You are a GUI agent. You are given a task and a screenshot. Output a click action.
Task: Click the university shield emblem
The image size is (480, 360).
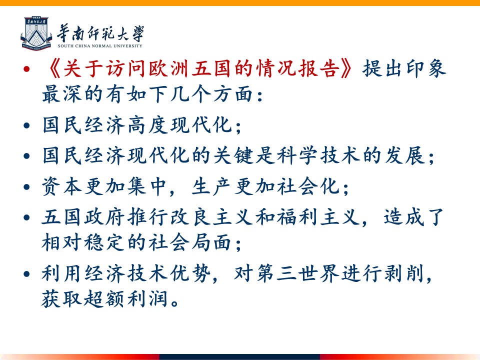(x=36, y=33)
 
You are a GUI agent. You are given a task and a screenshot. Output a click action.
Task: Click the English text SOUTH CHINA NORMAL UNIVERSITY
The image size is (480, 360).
(x=100, y=46)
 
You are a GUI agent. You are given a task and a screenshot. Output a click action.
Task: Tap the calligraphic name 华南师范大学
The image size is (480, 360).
(x=100, y=33)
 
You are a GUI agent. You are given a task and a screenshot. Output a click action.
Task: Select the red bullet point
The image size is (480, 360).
(x=26, y=68)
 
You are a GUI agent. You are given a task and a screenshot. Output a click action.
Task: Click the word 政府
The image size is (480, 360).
(x=104, y=216)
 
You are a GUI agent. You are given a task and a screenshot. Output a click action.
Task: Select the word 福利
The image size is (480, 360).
(x=297, y=216)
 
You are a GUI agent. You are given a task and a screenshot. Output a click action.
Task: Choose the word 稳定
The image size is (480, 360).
(x=104, y=242)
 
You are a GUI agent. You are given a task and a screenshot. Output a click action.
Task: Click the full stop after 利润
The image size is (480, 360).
(x=175, y=303)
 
